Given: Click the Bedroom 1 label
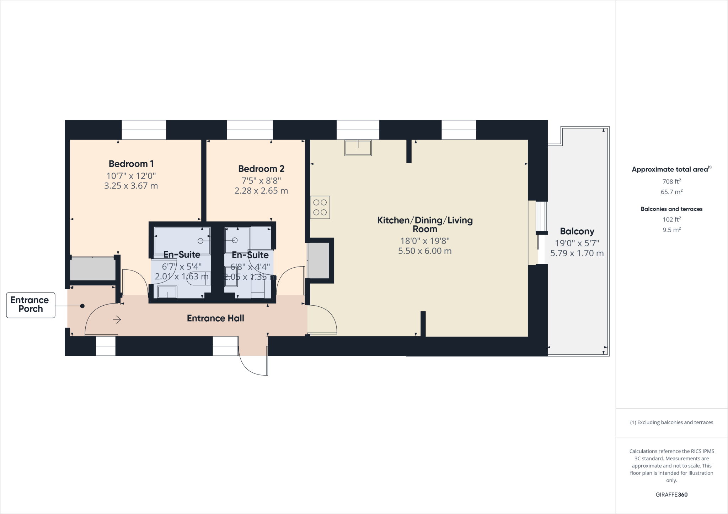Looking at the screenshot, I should click(x=131, y=164).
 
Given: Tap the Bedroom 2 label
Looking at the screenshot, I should click(x=261, y=169).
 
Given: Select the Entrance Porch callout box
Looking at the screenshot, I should click(x=31, y=305).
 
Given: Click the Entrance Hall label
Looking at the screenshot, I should click(x=215, y=318).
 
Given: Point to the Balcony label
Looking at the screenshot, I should click(x=577, y=231).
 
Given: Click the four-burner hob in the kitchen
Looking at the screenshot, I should click(x=320, y=207).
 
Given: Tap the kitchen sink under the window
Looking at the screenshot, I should click(x=358, y=148).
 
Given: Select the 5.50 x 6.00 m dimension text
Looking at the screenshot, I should click(x=425, y=251).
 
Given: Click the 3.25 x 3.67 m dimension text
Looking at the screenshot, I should click(x=131, y=186).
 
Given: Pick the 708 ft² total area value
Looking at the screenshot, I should click(x=671, y=181).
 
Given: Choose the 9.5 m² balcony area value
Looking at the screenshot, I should click(x=671, y=230).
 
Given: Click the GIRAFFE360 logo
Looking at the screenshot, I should click(x=671, y=494).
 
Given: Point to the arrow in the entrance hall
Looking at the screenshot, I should click(x=117, y=320).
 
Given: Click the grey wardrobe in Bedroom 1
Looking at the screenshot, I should click(x=92, y=269).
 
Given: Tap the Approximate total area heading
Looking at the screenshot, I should click(x=671, y=169).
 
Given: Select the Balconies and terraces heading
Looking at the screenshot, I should click(x=671, y=209).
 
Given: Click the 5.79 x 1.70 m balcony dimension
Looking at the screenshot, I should click(x=577, y=253).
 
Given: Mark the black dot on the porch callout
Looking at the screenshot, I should click(x=82, y=306).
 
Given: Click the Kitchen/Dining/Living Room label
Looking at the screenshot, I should click(x=425, y=224).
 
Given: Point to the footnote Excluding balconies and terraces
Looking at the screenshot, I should click(x=671, y=422).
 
